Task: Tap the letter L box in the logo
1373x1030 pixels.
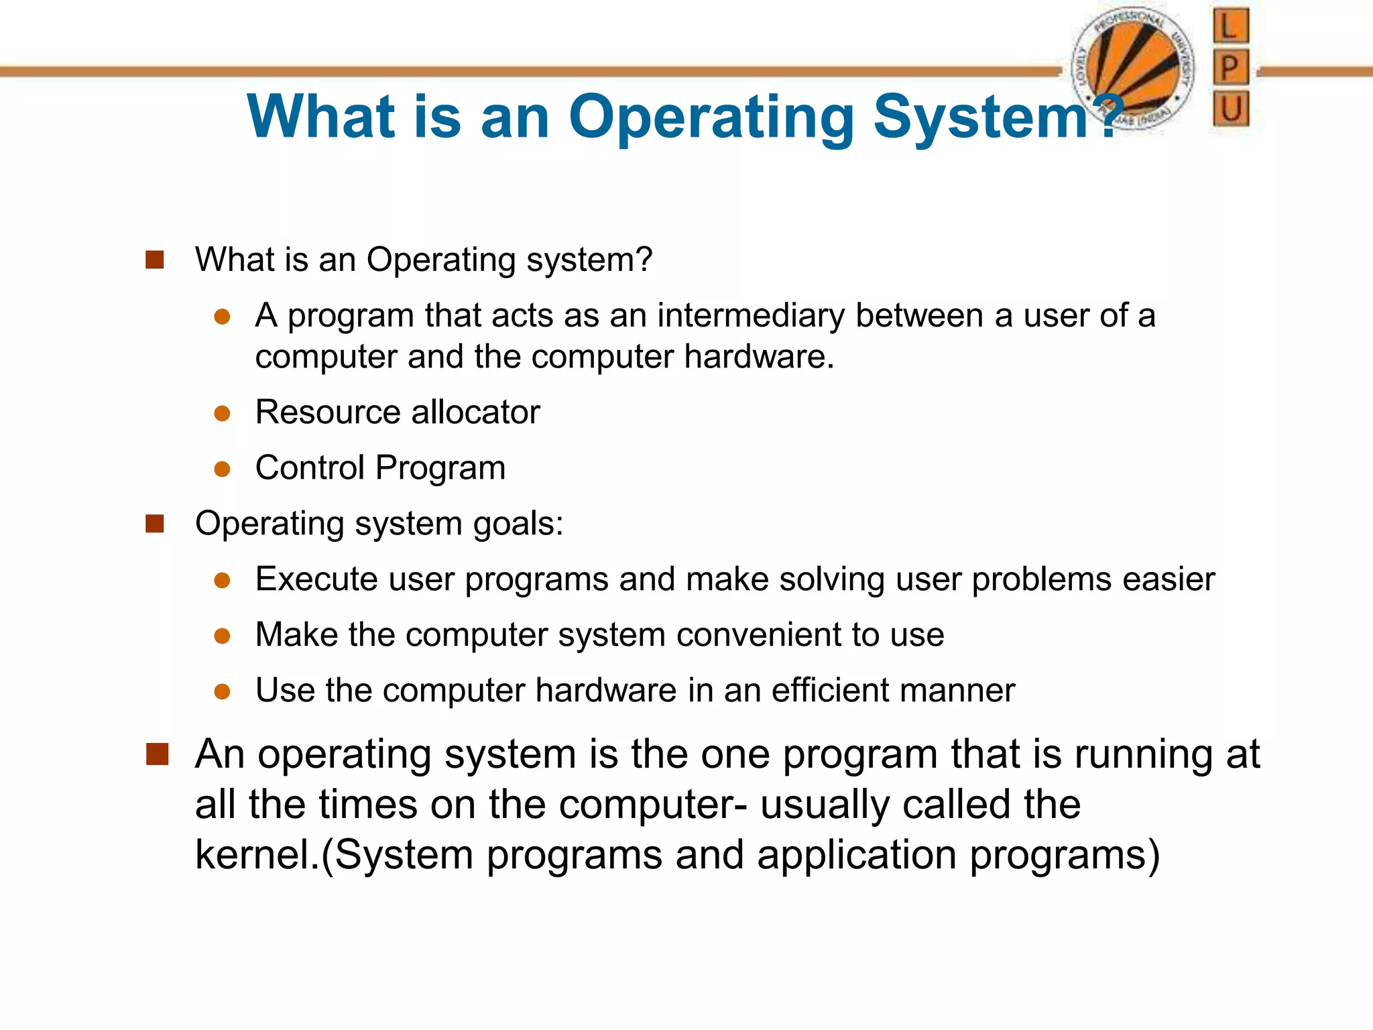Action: (x=1231, y=27)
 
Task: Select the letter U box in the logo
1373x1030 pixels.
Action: (x=1231, y=109)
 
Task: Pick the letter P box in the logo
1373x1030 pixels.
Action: (x=1231, y=68)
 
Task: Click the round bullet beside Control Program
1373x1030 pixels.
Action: (x=223, y=469)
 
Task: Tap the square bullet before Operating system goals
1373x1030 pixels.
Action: (x=155, y=524)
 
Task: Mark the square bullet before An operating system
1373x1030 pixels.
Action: (x=157, y=754)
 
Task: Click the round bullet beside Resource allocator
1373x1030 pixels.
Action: (x=223, y=413)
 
